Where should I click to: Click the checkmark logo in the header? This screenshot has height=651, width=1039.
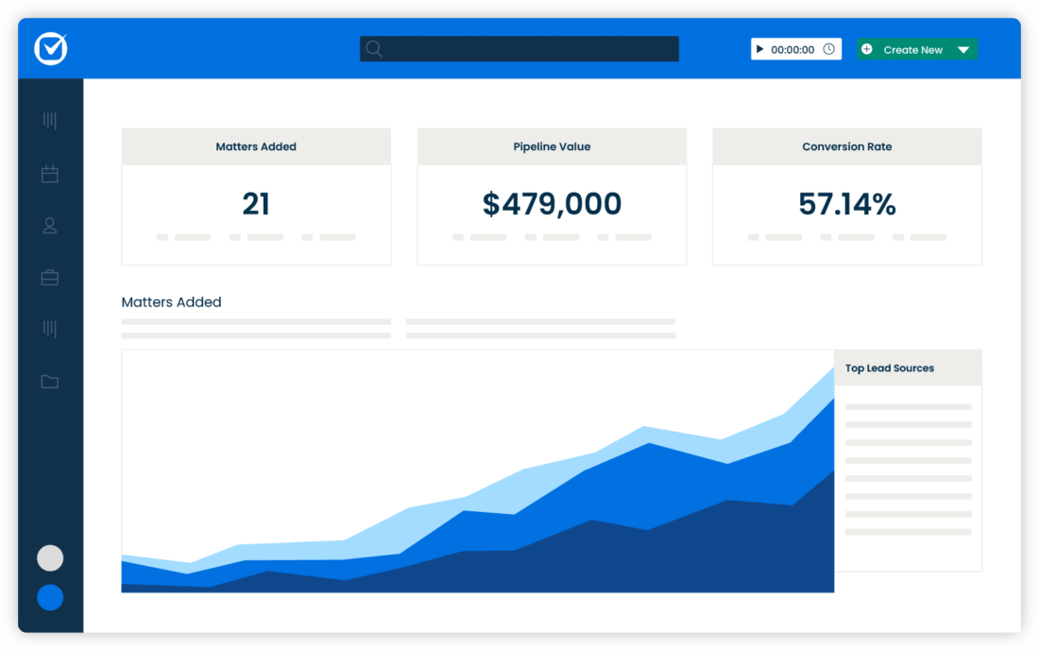pyautogui.click(x=51, y=49)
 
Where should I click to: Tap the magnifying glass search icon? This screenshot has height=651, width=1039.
pyautogui.click(x=374, y=49)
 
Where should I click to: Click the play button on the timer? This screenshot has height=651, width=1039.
pyautogui.click(x=760, y=49)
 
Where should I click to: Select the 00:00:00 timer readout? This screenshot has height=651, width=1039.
pyautogui.click(x=792, y=50)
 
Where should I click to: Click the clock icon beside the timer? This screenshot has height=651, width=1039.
pyautogui.click(x=829, y=49)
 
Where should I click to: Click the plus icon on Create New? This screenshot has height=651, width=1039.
pyautogui.click(x=867, y=49)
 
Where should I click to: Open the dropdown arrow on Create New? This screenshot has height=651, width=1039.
pyautogui.click(x=963, y=50)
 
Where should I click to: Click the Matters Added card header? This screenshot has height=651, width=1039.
pyautogui.click(x=256, y=146)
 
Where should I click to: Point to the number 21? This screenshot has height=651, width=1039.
pyautogui.click(x=256, y=203)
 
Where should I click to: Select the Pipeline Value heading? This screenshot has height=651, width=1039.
pyautogui.click(x=552, y=146)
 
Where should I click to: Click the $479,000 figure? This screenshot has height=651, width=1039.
pyautogui.click(x=552, y=203)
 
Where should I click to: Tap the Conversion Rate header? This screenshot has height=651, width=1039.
pyautogui.click(x=846, y=146)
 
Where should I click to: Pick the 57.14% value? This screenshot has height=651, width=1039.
pyautogui.click(x=846, y=203)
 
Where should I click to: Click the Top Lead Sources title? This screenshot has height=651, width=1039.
pyautogui.click(x=890, y=368)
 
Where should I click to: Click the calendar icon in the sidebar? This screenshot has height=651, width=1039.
pyautogui.click(x=50, y=174)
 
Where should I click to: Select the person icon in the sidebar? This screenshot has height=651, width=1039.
pyautogui.click(x=50, y=226)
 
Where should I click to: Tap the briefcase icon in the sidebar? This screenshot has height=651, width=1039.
pyautogui.click(x=50, y=278)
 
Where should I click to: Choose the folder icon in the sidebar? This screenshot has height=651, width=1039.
pyautogui.click(x=50, y=382)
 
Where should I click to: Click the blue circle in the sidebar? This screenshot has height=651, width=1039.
pyautogui.click(x=50, y=597)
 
